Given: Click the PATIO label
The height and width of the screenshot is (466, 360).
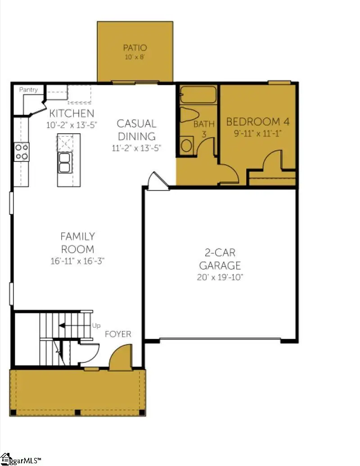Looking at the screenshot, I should click(135, 47).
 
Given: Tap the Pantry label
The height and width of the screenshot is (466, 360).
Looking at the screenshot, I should click(28, 90).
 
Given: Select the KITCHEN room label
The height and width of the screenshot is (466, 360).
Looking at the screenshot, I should click(72, 113).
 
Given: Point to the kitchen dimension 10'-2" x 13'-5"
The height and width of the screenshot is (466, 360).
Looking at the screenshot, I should click(72, 125).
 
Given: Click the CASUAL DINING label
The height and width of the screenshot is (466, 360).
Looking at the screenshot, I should click(136, 130).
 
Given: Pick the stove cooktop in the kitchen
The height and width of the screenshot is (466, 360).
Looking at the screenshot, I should click(21, 151).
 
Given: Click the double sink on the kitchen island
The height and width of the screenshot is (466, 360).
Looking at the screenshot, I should click(64, 163).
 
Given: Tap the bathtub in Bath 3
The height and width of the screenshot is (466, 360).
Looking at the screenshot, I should click(198, 95).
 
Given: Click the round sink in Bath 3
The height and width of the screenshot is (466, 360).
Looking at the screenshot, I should click(187, 145).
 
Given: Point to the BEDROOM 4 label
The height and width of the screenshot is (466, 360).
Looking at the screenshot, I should click(257, 122).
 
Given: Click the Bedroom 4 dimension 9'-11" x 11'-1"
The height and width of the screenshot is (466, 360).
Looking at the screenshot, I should click(257, 133).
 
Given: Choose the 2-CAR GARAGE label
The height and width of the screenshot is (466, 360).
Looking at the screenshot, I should click(220, 259).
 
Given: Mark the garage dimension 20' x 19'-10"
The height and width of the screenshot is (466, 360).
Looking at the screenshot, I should click(220, 277).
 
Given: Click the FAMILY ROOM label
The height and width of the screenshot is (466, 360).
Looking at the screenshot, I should click(77, 243).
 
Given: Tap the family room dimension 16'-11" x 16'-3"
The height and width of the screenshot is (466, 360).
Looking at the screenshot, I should click(77, 261).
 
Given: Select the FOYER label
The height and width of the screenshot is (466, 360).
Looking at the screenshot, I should click(118, 334).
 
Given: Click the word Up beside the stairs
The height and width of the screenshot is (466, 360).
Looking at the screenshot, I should click(96, 325).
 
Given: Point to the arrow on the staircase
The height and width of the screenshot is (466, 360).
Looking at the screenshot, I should click(67, 325).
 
